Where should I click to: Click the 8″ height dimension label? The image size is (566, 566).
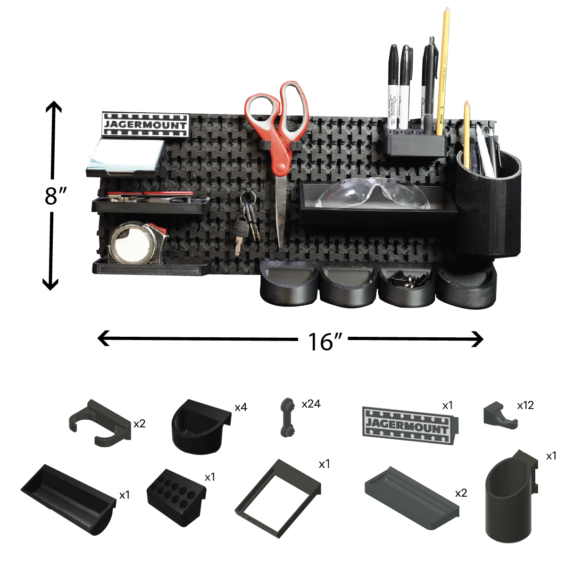tap(56, 196)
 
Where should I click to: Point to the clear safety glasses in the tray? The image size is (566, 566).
tap(373, 194)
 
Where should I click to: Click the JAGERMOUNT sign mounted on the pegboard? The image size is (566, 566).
tap(146, 125)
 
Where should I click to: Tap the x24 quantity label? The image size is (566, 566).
tap(311, 404)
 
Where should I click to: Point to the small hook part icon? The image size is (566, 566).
tap(500, 415)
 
